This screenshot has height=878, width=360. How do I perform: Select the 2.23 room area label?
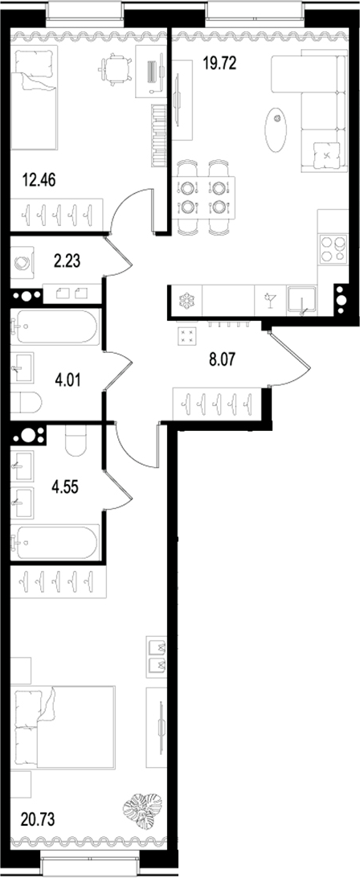(66, 259)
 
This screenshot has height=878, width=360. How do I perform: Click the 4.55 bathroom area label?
(66, 486)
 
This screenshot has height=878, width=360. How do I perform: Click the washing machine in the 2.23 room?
(22, 261)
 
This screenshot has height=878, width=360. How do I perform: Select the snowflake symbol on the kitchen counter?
(186, 302)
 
